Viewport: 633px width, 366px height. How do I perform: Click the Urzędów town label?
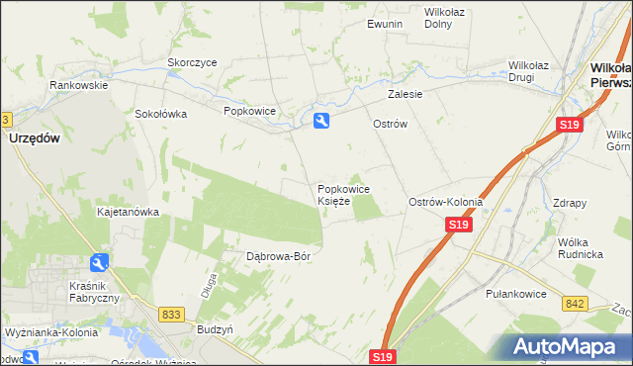coord(36,139)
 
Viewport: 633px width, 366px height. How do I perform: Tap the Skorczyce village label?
coord(192,62)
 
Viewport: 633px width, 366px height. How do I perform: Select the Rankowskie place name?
coord(79,86)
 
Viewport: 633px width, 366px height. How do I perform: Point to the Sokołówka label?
coord(161,114)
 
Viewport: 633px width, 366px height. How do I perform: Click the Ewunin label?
coord(385,24)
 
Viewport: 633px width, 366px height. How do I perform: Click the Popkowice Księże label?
coord(343,195)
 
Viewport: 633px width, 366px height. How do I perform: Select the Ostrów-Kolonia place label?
coord(445,202)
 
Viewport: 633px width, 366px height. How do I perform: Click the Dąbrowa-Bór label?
coord(279,257)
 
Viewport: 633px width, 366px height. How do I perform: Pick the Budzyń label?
coord(215,328)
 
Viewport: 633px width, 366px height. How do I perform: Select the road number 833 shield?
coord(171,314)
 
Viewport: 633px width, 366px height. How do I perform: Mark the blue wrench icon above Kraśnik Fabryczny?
coord(99,263)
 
